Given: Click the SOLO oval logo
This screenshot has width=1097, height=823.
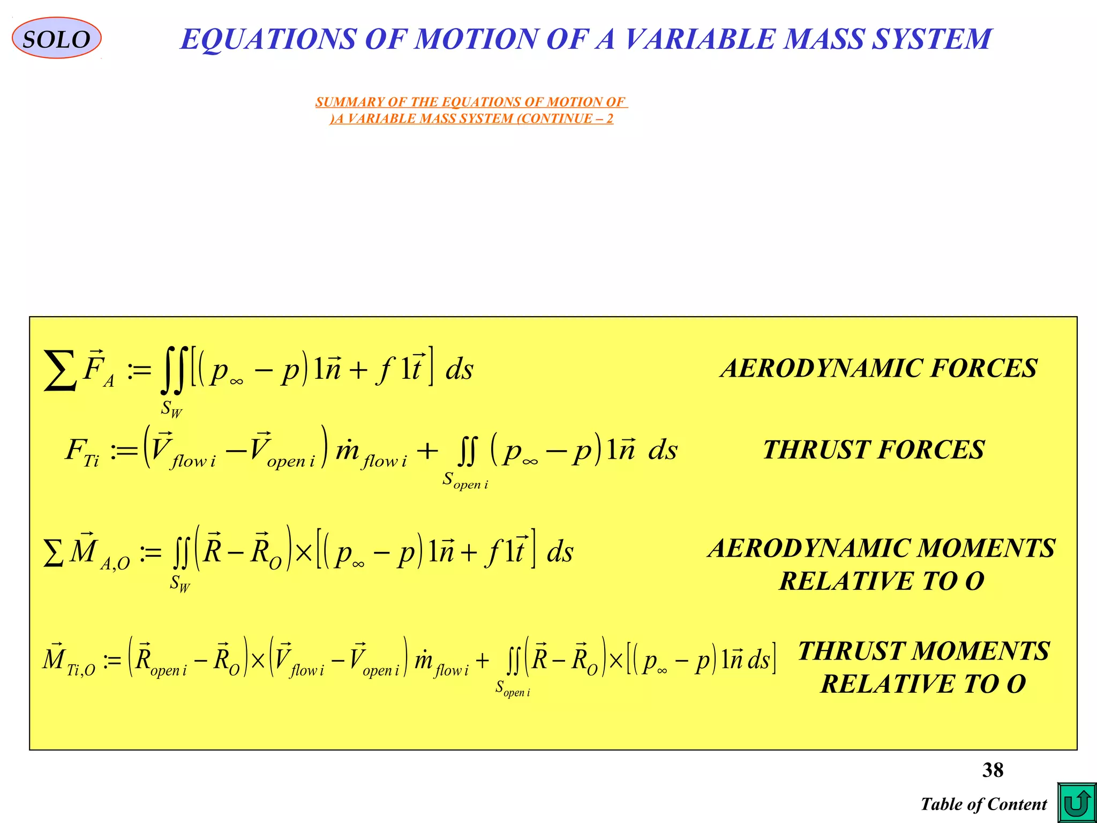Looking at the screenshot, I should coord(56,38).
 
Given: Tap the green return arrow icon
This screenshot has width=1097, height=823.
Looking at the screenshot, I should coord(1077,803).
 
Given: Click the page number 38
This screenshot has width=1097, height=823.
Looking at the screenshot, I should coord(993,770).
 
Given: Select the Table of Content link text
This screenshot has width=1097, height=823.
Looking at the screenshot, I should coord(983,804).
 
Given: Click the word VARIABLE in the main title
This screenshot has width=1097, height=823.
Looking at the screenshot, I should coord(699,39).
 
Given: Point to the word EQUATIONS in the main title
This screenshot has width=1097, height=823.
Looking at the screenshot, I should coord(268,39).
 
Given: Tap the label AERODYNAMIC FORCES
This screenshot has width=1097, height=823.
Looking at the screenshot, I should coord(878,368).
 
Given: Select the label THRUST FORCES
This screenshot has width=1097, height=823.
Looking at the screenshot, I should coord(874,450).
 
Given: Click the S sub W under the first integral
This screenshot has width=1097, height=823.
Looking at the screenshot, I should coord(171,409).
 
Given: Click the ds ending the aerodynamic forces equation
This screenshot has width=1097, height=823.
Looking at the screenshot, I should coord(460,369).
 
